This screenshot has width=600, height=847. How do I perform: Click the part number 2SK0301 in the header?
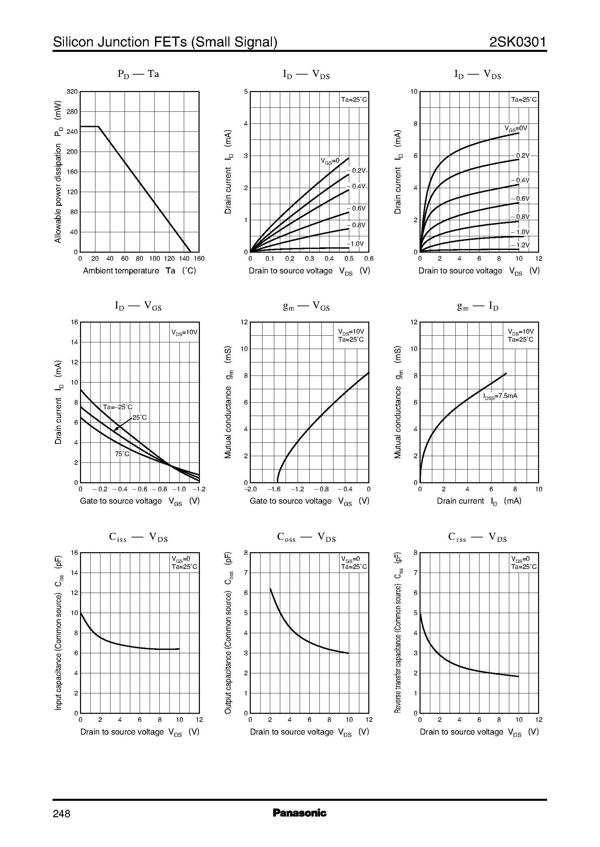point(517,43)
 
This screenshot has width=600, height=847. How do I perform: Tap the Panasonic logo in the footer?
point(299,813)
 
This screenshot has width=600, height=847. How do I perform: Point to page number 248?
point(62,814)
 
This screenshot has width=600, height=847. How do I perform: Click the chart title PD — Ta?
point(138,74)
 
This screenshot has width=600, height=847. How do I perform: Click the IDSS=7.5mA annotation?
point(500,396)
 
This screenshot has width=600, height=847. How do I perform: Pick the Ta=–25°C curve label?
point(117,407)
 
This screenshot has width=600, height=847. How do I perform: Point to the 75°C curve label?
point(122,454)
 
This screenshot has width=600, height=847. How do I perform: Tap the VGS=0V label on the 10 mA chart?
point(516,129)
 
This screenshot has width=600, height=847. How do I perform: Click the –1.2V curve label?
point(520,245)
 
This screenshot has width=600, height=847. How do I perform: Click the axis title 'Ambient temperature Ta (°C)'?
point(139,271)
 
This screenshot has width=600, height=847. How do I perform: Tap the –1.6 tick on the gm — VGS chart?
point(274,489)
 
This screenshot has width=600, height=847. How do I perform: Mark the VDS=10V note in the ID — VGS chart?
point(184,332)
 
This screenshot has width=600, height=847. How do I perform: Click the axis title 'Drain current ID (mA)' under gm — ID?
point(479,501)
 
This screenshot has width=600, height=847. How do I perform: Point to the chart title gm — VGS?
point(306,306)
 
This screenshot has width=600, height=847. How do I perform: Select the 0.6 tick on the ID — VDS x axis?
point(369,259)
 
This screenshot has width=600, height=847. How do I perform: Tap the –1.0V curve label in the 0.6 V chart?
point(356,244)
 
